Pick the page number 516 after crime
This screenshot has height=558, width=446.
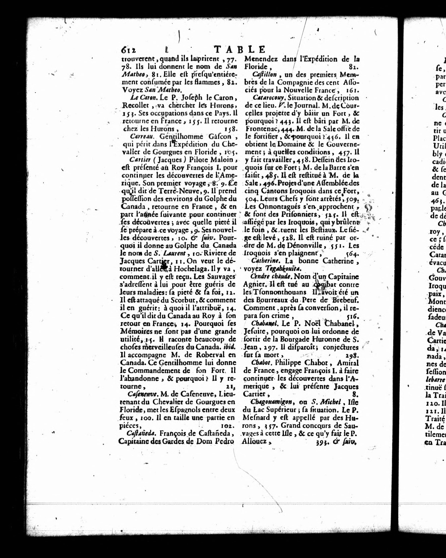[x=352, y=316]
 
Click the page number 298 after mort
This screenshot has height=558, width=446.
[x=352, y=355]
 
